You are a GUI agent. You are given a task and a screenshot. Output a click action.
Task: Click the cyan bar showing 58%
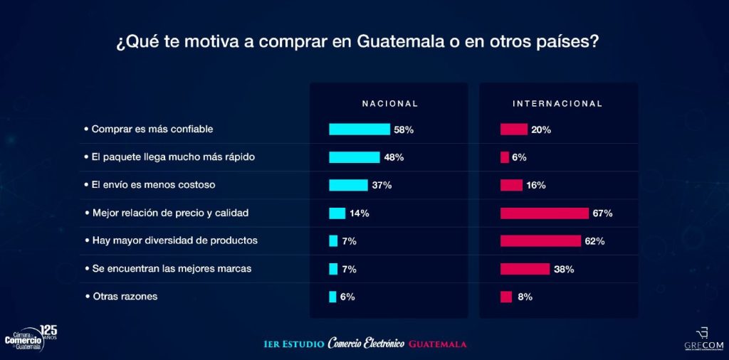(359, 129)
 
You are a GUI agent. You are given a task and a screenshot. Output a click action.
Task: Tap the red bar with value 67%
(545, 213)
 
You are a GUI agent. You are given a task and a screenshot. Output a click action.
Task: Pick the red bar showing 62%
(541, 241)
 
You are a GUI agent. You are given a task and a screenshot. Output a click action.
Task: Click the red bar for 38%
(525, 269)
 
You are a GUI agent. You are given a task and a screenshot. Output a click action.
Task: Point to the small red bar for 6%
(505, 157)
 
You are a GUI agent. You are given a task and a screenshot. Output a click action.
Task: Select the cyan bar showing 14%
(337, 213)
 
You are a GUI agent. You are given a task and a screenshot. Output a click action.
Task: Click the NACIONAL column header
(389, 103)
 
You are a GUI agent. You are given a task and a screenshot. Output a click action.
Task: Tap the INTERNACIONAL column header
(557, 103)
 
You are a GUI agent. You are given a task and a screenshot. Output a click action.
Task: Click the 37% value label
(382, 185)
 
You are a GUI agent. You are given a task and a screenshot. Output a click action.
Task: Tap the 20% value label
(541, 129)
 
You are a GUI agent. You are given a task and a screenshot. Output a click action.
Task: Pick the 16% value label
(536, 185)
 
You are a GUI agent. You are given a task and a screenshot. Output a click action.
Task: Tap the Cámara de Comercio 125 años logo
(30, 336)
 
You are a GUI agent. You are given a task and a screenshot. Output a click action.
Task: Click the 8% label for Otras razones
(525, 297)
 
